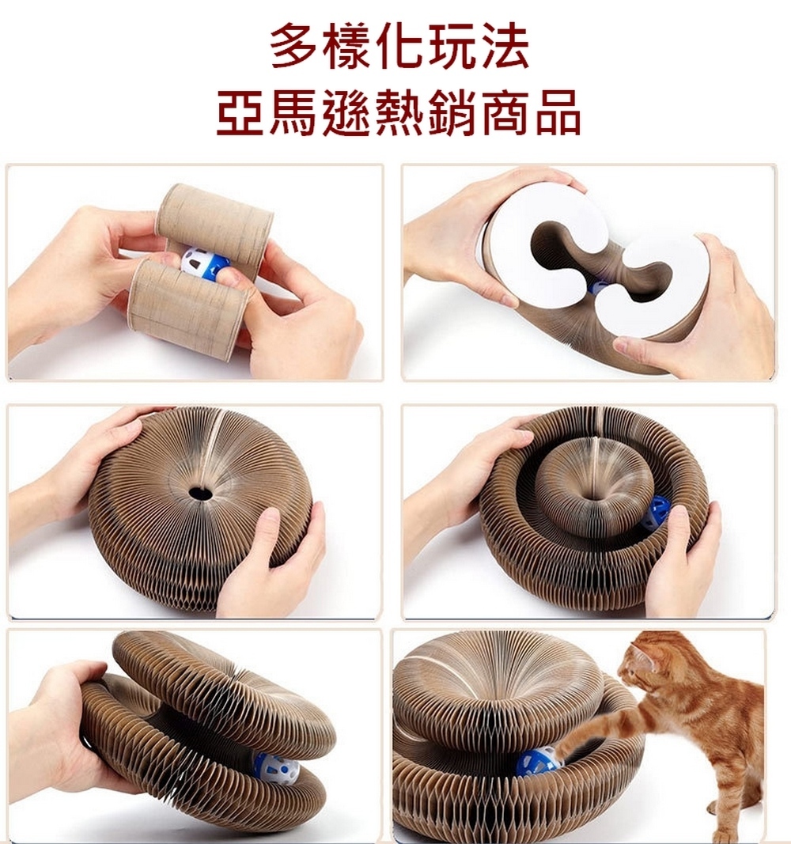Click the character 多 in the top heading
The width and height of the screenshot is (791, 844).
click(x=295, y=47)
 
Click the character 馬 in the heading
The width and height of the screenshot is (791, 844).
click(x=293, y=112)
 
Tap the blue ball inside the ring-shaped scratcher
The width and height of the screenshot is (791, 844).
click(x=657, y=513)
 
